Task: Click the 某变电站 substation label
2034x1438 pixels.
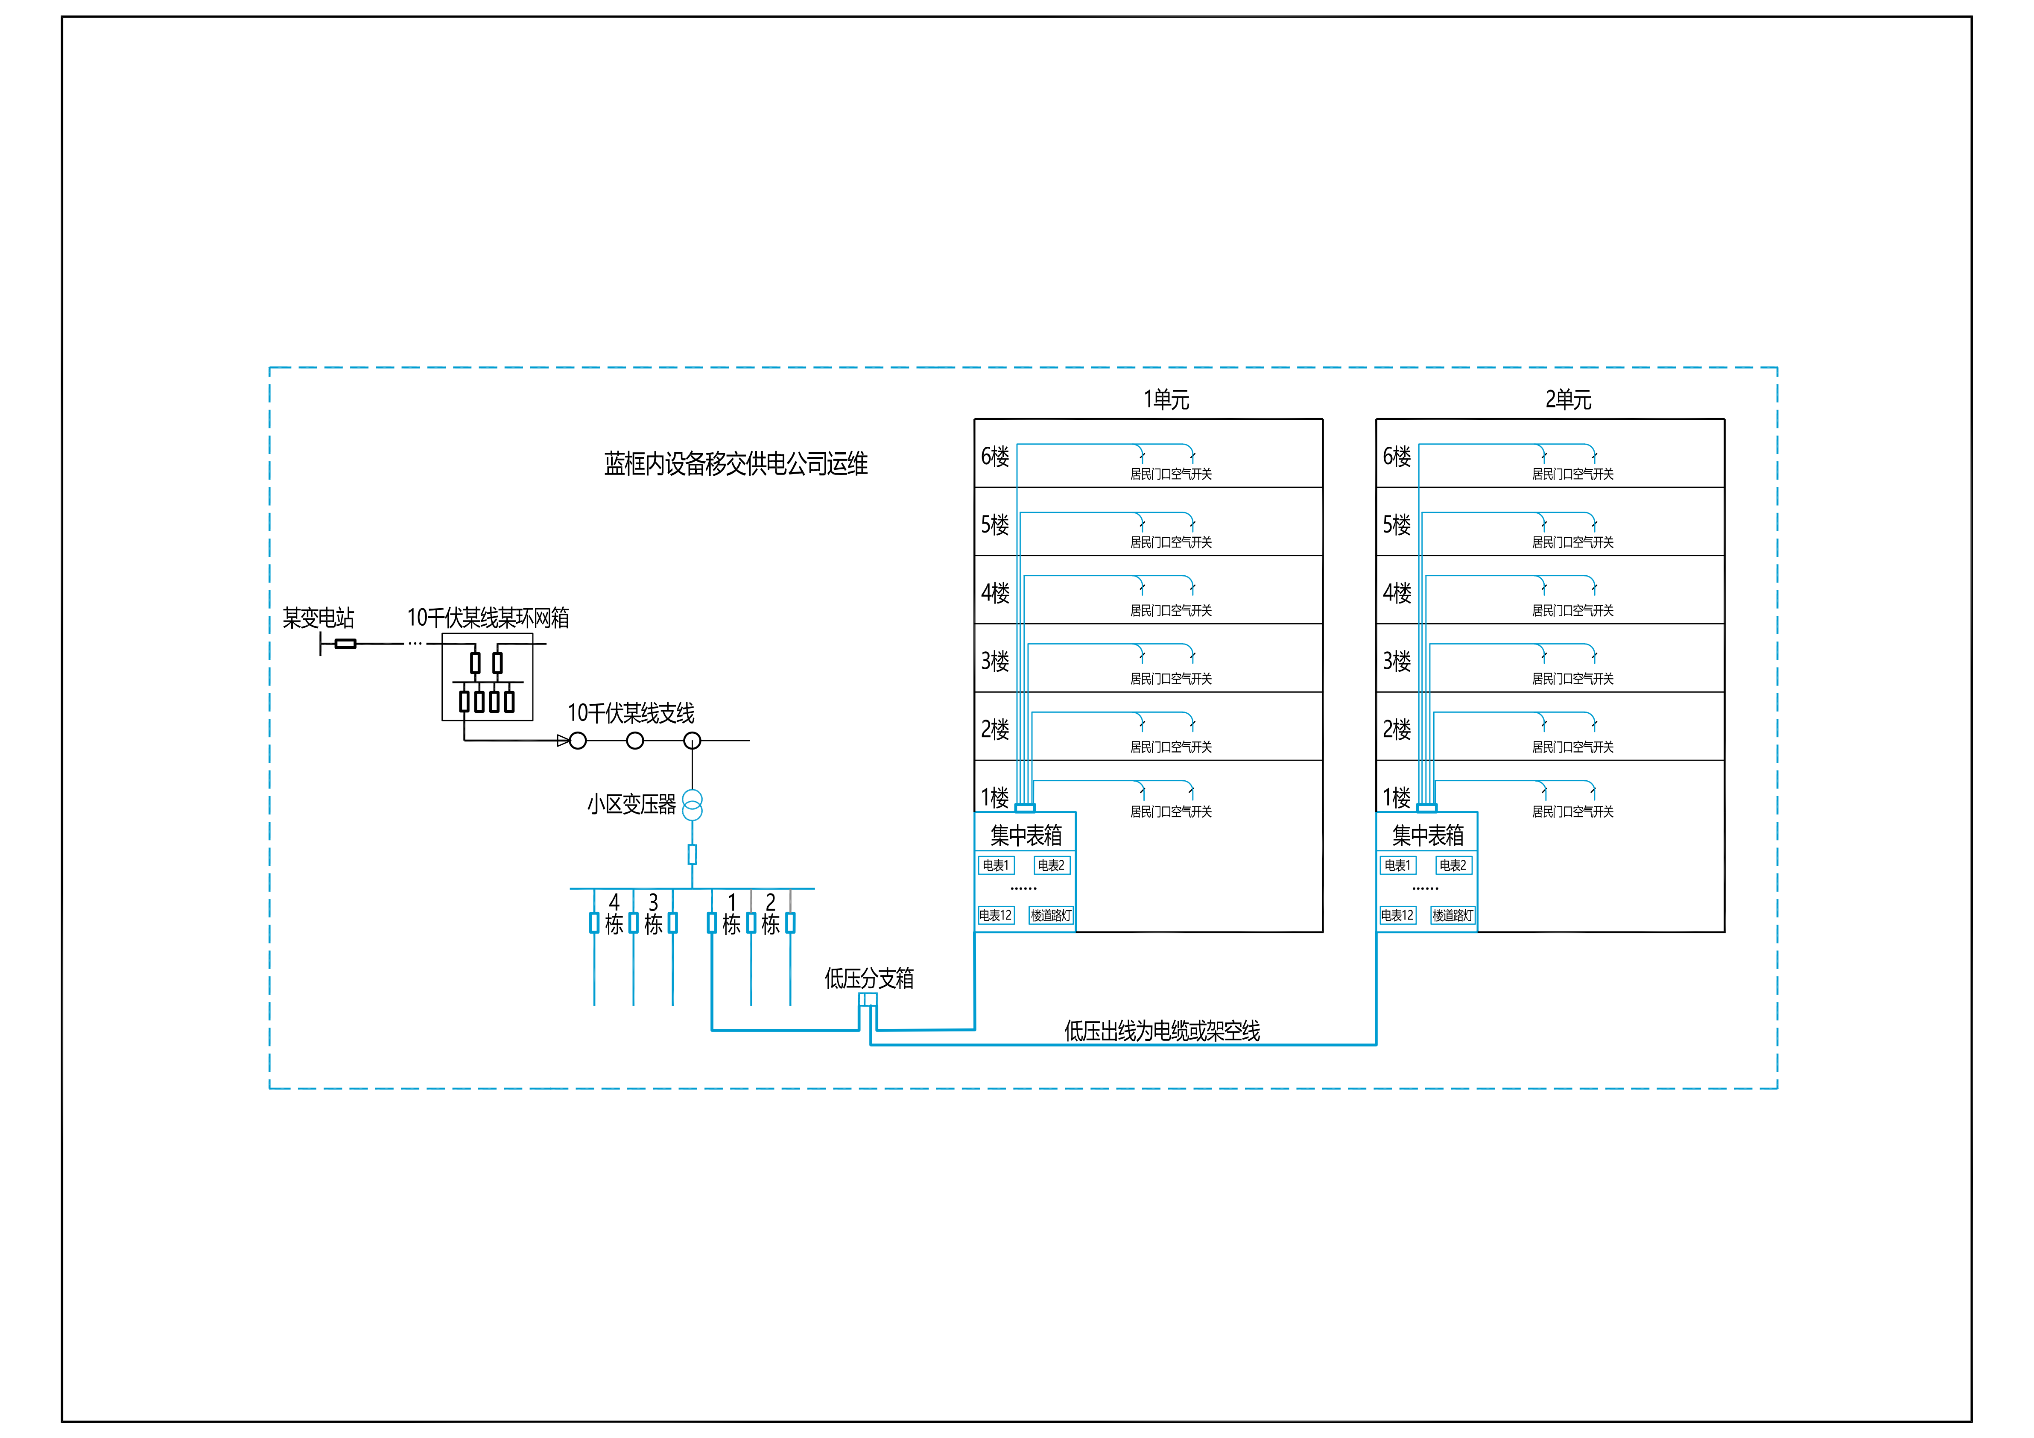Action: coord(318,618)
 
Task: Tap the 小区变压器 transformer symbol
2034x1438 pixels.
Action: coord(692,805)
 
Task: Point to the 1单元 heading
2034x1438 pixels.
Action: coord(1166,400)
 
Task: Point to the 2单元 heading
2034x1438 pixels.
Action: coord(1568,400)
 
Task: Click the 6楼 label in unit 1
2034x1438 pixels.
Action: coord(995,456)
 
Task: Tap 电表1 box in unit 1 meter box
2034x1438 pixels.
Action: coord(996,865)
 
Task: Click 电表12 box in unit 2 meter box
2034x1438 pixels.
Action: coord(1397,915)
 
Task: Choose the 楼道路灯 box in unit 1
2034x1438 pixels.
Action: coord(1051,915)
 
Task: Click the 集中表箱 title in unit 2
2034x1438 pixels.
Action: coord(1427,835)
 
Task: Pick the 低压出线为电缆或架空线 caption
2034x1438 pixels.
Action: coord(1161,1031)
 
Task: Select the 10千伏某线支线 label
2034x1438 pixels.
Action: coord(631,713)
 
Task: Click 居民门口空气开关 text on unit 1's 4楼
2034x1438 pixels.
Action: coord(1170,610)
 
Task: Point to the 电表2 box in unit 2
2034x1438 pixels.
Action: coord(1453,865)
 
